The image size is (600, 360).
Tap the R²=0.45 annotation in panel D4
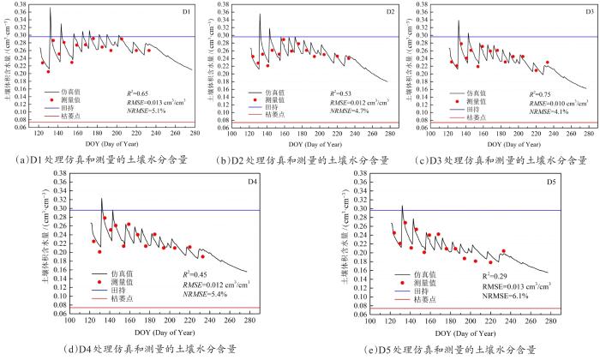[x=197, y=274]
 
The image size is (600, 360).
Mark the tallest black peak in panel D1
[x=50, y=9]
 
